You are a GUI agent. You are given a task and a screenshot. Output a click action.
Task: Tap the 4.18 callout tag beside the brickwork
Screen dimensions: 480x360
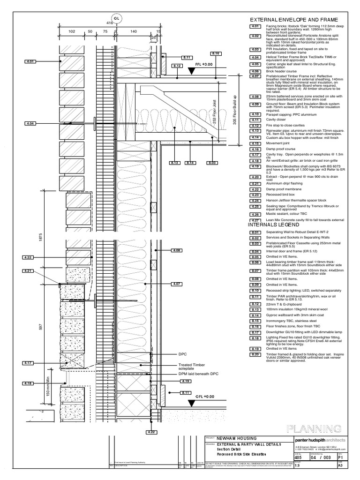click(x=30, y=383)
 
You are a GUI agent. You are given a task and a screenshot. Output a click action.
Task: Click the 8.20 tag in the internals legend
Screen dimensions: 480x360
click(x=255, y=354)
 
